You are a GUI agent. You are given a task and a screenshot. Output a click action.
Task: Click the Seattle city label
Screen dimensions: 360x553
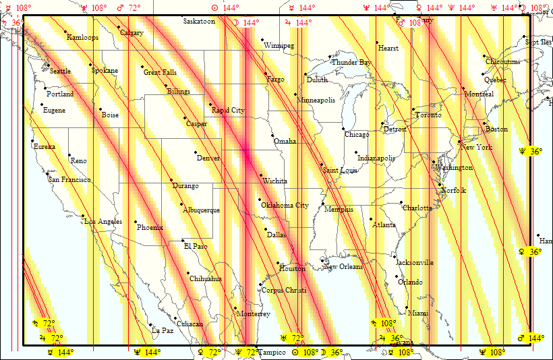coord(60,71)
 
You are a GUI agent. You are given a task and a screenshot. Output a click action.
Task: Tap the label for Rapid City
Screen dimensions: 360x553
coord(228,110)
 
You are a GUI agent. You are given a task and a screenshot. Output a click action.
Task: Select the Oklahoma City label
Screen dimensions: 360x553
coord(285,205)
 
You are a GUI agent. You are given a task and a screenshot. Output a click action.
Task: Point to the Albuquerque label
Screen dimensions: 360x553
coord(201,210)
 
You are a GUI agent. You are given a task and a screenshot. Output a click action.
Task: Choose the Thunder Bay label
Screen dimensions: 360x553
coord(351,63)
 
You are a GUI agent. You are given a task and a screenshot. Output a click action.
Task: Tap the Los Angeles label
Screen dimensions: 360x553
coord(103,222)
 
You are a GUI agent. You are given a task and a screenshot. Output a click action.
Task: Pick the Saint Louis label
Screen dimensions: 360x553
coord(340,170)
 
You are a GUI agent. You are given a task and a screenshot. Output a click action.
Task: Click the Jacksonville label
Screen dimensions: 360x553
coord(414,262)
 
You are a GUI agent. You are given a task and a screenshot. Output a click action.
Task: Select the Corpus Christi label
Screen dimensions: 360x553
coord(283,290)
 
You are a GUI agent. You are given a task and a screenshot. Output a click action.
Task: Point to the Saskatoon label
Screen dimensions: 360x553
coord(199,22)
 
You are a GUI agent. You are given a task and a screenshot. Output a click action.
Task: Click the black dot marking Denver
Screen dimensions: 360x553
coord(196,152)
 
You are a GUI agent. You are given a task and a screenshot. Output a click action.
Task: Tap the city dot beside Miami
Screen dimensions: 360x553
coord(407,308)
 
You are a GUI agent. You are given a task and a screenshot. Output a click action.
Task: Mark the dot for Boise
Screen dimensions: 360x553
coord(100,110)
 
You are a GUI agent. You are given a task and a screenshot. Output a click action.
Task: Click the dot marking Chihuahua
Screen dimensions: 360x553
coord(188,273)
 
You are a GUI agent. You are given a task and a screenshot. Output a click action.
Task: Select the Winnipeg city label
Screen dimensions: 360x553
coord(279,46)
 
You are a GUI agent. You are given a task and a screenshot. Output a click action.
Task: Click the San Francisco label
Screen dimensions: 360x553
coord(69,180)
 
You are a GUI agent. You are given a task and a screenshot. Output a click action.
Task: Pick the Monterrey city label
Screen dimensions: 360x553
coord(253,313)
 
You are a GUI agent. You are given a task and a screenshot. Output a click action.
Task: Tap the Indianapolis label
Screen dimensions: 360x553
coord(376,158)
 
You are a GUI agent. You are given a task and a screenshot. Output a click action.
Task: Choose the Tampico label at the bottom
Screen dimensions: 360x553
coord(272,353)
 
